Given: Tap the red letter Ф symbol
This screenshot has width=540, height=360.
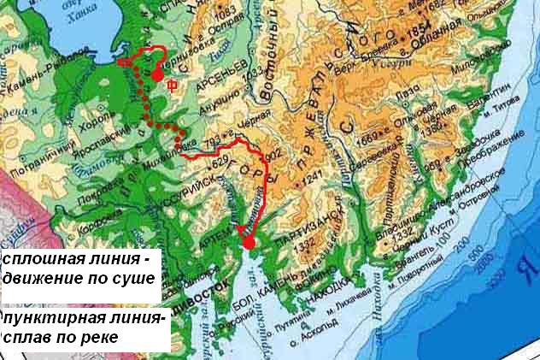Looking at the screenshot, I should (x=173, y=84).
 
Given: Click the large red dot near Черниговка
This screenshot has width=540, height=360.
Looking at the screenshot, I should (x=157, y=74).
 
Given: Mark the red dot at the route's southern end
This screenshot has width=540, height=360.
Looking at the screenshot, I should (x=249, y=243).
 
